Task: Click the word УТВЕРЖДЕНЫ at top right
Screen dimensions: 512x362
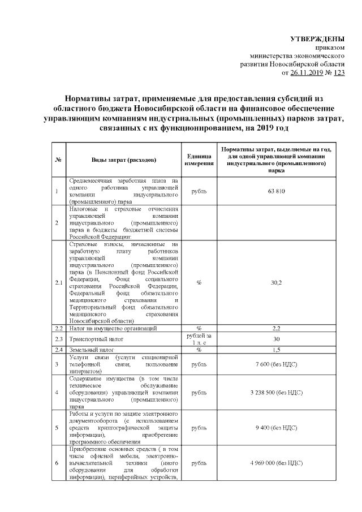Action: pos(317,39)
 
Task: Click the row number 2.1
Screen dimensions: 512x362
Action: pos(58,282)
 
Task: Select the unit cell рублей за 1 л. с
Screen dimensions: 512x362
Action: pos(199,339)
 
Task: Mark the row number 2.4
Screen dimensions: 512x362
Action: pos(58,350)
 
